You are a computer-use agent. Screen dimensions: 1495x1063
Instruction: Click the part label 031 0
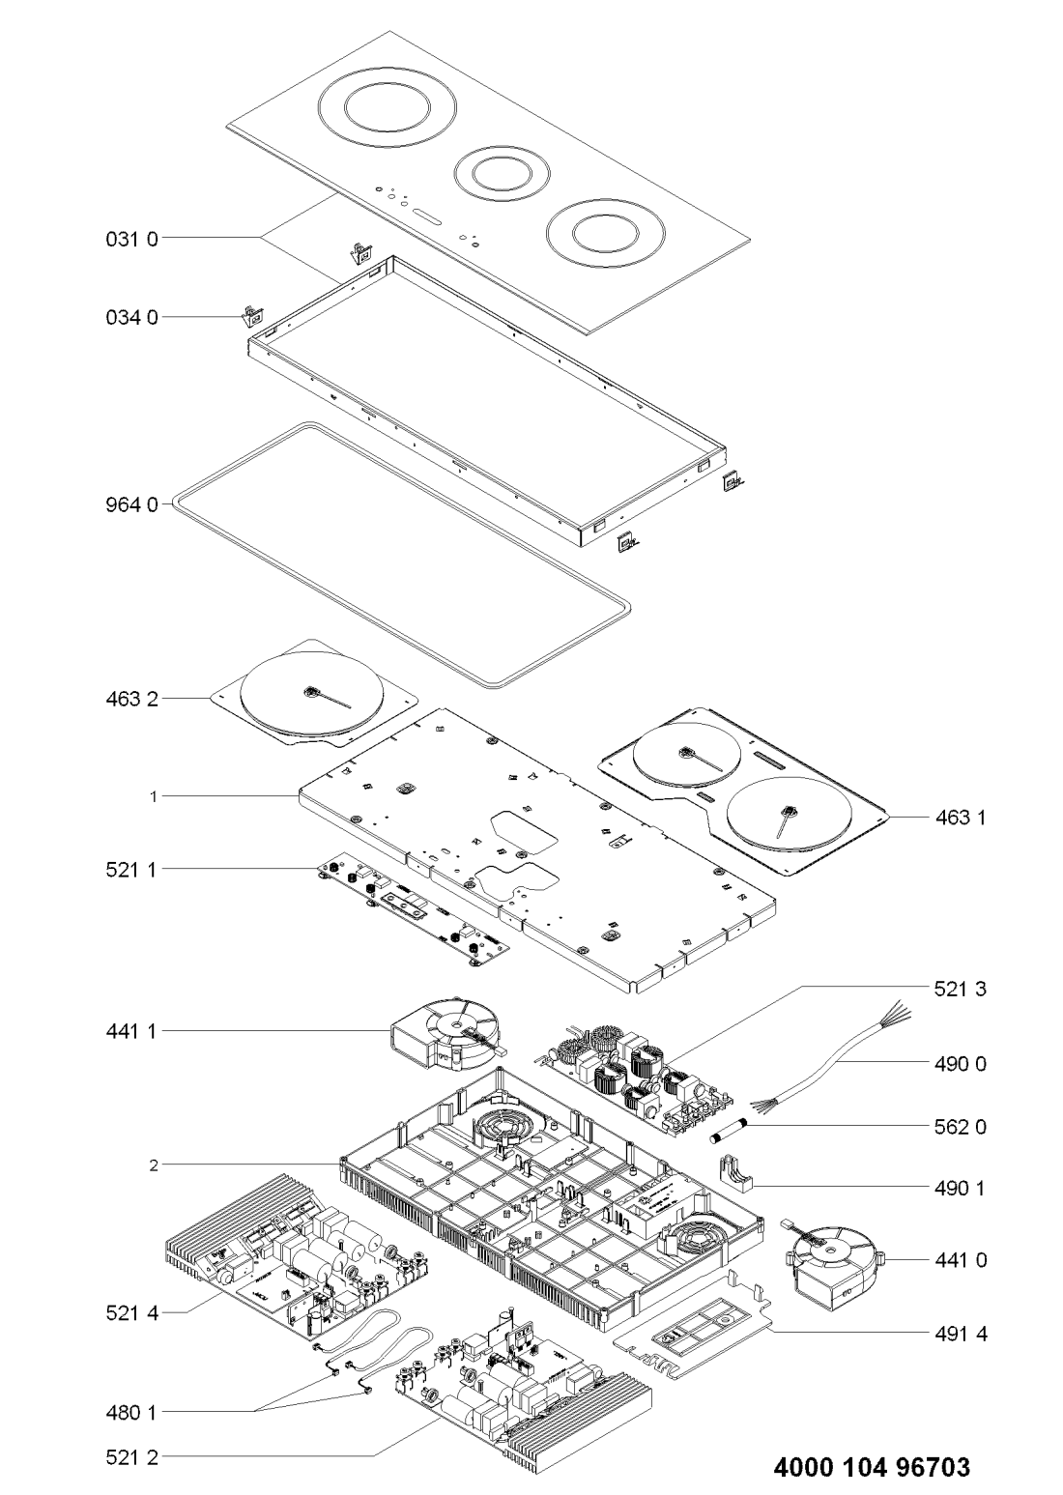(130, 238)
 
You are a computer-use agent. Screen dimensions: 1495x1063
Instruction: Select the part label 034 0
(130, 316)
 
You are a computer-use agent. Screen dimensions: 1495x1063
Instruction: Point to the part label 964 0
(130, 503)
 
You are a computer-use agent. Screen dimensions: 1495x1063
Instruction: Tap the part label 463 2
(130, 698)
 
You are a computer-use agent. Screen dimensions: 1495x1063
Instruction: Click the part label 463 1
(960, 818)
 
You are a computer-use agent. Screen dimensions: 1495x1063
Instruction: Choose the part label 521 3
(960, 989)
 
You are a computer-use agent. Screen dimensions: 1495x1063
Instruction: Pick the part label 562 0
(960, 1127)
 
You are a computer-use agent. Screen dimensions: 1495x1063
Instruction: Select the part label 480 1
(130, 1412)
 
